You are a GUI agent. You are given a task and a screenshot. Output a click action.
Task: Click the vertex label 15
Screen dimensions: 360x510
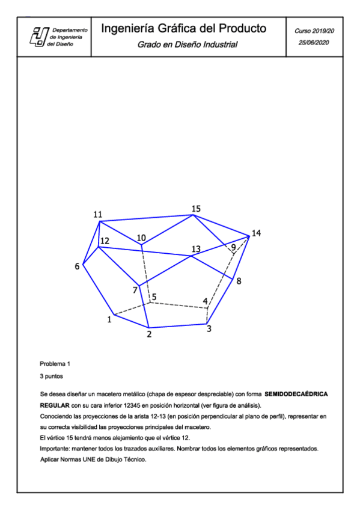(x=196, y=209)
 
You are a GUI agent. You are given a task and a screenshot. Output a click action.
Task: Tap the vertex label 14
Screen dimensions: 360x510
(x=257, y=233)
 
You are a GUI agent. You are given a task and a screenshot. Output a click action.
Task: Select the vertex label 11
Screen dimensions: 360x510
(x=98, y=215)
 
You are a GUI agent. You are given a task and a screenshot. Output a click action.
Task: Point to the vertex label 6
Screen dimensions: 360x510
(x=77, y=266)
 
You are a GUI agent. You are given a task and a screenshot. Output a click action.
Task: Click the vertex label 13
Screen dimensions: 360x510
(x=196, y=248)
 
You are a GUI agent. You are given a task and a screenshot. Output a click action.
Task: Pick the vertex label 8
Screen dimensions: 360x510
(x=239, y=281)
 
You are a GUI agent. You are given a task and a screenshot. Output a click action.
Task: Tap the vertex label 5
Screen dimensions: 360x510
(x=154, y=297)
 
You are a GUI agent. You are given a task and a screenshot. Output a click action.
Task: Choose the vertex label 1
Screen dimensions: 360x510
(x=109, y=319)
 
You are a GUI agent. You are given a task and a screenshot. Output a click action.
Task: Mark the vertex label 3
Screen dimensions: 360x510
(x=209, y=328)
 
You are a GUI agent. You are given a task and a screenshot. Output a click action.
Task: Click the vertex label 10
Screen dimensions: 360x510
(x=141, y=238)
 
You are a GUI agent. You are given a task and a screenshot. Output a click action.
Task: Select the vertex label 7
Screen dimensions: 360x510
(x=135, y=291)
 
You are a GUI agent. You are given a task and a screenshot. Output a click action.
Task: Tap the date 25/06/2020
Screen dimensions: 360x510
(x=315, y=43)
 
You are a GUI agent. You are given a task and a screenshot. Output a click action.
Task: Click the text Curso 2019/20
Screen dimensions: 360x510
(x=315, y=29)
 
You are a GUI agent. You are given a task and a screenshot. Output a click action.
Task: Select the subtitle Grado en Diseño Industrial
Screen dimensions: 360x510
(x=188, y=45)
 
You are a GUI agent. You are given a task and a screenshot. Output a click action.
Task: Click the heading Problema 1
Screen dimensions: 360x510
(x=55, y=364)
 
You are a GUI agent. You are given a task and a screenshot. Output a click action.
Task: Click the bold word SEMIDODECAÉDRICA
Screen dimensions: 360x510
(x=296, y=393)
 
